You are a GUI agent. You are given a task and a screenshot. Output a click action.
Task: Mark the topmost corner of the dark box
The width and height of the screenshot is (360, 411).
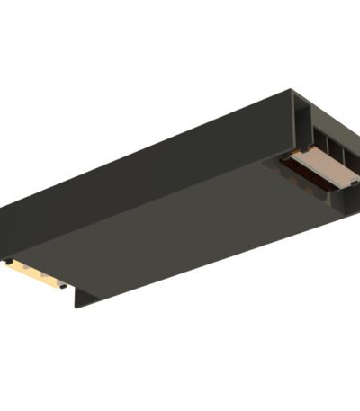(293, 90)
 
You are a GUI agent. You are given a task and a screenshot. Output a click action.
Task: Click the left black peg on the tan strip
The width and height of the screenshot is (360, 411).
(8, 262)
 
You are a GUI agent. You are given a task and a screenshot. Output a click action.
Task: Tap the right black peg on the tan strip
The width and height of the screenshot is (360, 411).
(63, 286)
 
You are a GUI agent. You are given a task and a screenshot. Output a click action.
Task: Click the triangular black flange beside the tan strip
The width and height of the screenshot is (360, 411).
(82, 298)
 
